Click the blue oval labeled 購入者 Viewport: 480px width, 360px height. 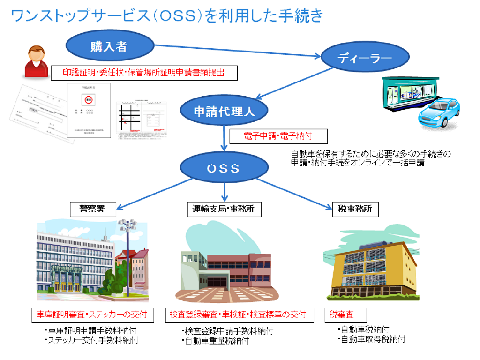[110, 45]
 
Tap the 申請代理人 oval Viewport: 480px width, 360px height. [224, 111]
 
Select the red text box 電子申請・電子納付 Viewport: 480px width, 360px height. [278, 136]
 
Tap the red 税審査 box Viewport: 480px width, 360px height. [345, 314]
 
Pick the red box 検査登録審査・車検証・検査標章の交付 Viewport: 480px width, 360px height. [238, 314]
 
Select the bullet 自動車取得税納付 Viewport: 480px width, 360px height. [372, 339]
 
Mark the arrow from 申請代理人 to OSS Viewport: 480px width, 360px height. [224, 139]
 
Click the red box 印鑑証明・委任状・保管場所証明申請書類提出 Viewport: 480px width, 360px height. [144, 73]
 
